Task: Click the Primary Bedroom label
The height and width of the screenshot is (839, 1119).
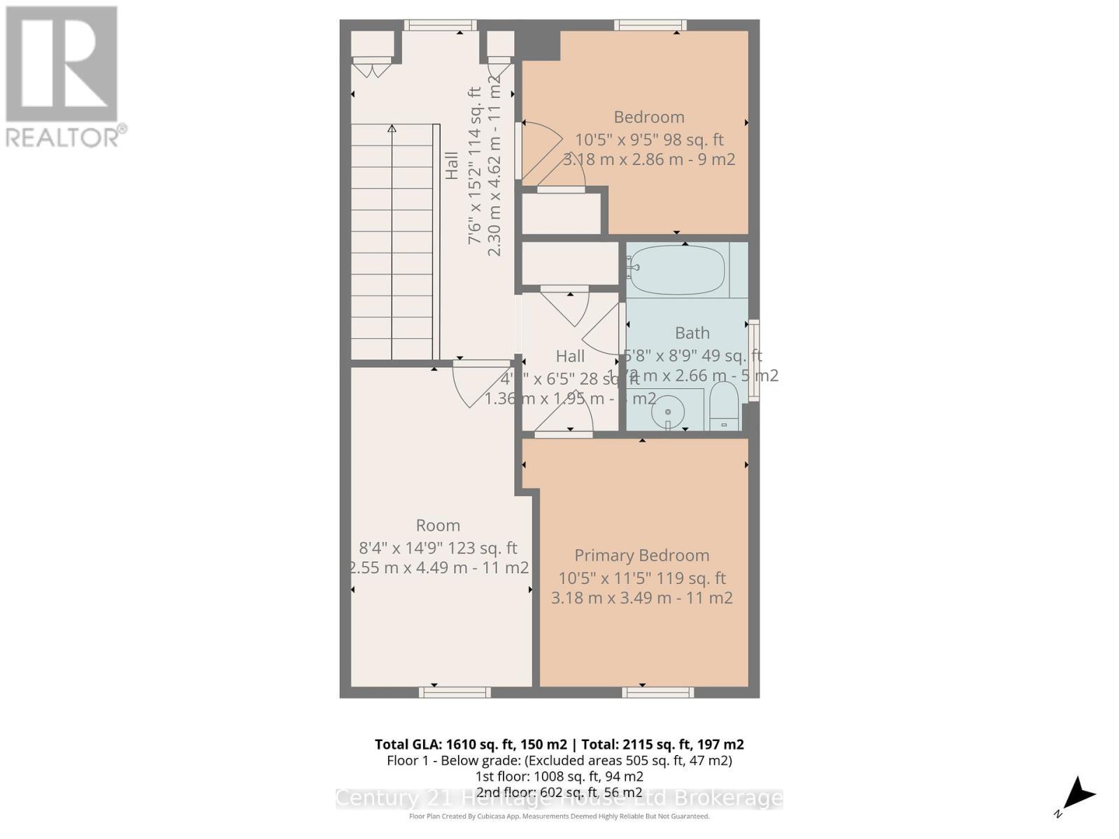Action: pyautogui.click(x=641, y=555)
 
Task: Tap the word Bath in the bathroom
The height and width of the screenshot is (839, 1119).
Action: pyautogui.click(x=692, y=333)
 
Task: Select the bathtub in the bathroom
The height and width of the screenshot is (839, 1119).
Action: pyautogui.click(x=675, y=270)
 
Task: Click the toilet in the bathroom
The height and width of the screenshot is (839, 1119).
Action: pyautogui.click(x=724, y=406)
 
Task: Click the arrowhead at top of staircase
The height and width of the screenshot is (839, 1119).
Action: pyautogui.click(x=392, y=129)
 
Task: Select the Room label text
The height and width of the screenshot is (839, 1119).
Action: pyautogui.click(x=438, y=525)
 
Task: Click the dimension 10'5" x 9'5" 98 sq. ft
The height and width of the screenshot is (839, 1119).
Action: pyautogui.click(x=649, y=140)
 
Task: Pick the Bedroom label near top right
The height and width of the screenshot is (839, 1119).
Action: pyautogui.click(x=649, y=117)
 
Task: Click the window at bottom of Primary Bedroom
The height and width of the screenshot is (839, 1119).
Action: pyautogui.click(x=658, y=692)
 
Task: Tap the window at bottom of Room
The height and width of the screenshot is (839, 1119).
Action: pyautogui.click(x=455, y=692)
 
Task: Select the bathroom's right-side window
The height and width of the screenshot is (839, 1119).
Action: pyautogui.click(x=753, y=360)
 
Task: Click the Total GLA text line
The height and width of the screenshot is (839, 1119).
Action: pyautogui.click(x=559, y=744)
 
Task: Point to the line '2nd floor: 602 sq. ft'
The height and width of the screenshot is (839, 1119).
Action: pyautogui.click(x=559, y=792)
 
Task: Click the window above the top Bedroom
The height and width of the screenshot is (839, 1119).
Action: pyautogui.click(x=650, y=25)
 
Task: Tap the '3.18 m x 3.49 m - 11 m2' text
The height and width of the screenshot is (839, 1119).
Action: pyautogui.click(x=641, y=598)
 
